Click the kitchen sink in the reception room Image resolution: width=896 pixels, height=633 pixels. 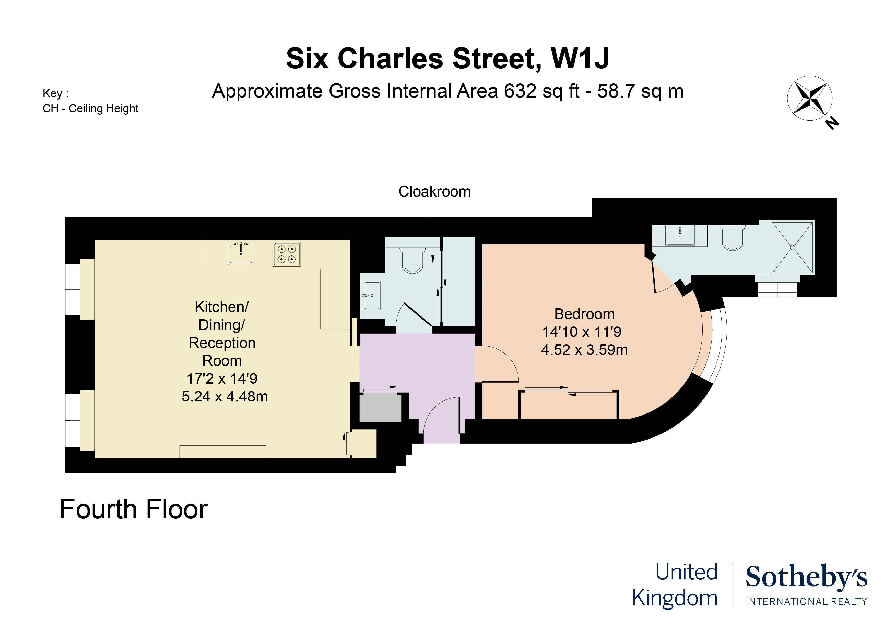click(x=241, y=253)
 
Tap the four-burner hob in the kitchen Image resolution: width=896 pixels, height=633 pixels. click(x=286, y=254)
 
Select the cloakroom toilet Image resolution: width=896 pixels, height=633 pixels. click(x=412, y=259)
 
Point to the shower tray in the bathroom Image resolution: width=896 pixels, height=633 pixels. click(x=792, y=248)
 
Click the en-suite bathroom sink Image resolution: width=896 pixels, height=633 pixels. click(x=680, y=236)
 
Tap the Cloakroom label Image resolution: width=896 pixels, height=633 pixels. click(x=434, y=191)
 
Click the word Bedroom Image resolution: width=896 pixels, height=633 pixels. click(x=584, y=314)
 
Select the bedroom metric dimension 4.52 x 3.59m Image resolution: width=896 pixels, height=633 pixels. click(x=584, y=350)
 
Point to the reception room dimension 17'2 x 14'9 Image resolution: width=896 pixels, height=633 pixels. click(x=222, y=378)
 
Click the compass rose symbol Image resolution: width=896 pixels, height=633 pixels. click(x=810, y=98)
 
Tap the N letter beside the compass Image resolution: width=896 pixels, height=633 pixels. click(x=832, y=123)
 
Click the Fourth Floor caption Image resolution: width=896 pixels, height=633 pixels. click(x=134, y=509)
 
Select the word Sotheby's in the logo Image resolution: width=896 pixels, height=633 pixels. click(x=806, y=577)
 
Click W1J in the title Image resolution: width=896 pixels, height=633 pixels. click(x=580, y=58)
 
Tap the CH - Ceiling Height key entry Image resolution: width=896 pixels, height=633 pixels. click(x=90, y=108)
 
